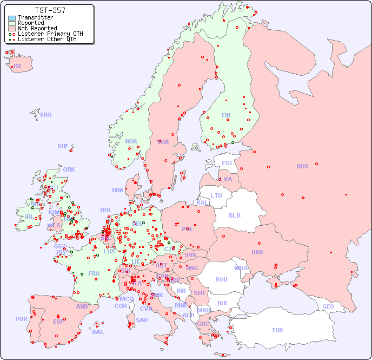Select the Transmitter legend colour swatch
pos(12,18)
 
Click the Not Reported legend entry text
pos(37,28)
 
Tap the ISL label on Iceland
pos(18,67)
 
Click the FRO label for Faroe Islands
pos(46,115)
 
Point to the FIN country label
pos(226,115)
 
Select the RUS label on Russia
pos(302,166)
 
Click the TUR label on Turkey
pos(277,330)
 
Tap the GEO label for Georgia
pos(328,306)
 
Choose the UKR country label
pos(257,252)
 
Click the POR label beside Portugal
pos(21,319)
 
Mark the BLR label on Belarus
pos(234,215)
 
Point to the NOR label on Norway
pos(131,141)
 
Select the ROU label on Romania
pos(221,279)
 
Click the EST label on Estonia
pos(227,163)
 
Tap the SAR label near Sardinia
pos(142,320)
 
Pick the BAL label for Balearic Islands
pos(97,332)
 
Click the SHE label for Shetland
pos(63,146)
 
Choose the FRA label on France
pos(94,273)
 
